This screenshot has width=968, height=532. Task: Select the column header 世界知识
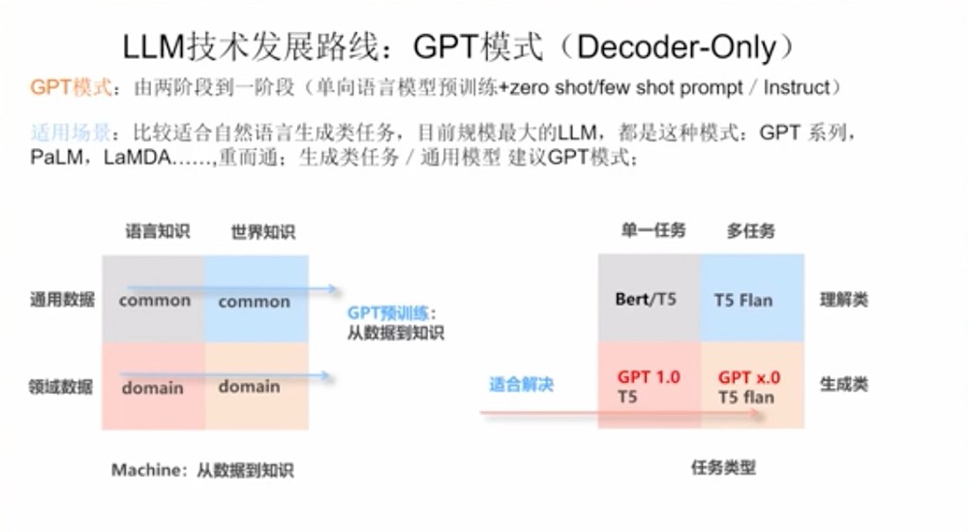tap(262, 232)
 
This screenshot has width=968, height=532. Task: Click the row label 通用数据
tap(61, 300)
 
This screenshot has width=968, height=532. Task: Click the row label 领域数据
tap(61, 387)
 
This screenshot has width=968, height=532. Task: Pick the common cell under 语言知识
tap(155, 301)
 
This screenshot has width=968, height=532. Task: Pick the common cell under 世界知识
tap(254, 302)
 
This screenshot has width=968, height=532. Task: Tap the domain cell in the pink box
tap(152, 388)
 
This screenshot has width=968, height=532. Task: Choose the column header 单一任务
tap(652, 230)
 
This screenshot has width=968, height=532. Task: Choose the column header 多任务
tap(750, 231)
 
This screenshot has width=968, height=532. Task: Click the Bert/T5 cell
tap(646, 299)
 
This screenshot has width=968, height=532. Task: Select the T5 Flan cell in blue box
tap(743, 300)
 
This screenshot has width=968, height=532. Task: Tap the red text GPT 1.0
tap(649, 377)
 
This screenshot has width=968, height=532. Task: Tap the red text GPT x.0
tap(749, 377)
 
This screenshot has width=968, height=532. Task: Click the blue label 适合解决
tap(521, 385)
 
